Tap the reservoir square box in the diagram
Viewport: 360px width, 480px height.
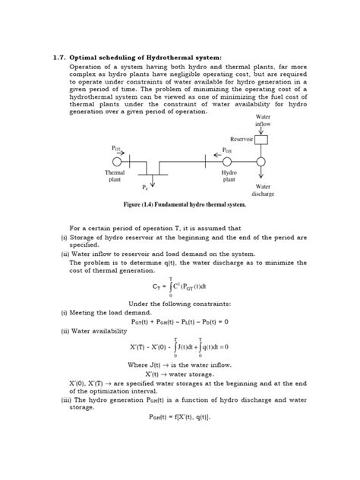click(x=260, y=141)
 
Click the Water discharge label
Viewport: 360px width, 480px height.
click(x=264, y=189)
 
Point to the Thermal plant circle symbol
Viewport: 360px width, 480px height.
click(x=118, y=162)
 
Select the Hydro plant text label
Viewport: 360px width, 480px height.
click(x=228, y=176)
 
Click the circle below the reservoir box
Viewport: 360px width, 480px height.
click(x=261, y=162)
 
